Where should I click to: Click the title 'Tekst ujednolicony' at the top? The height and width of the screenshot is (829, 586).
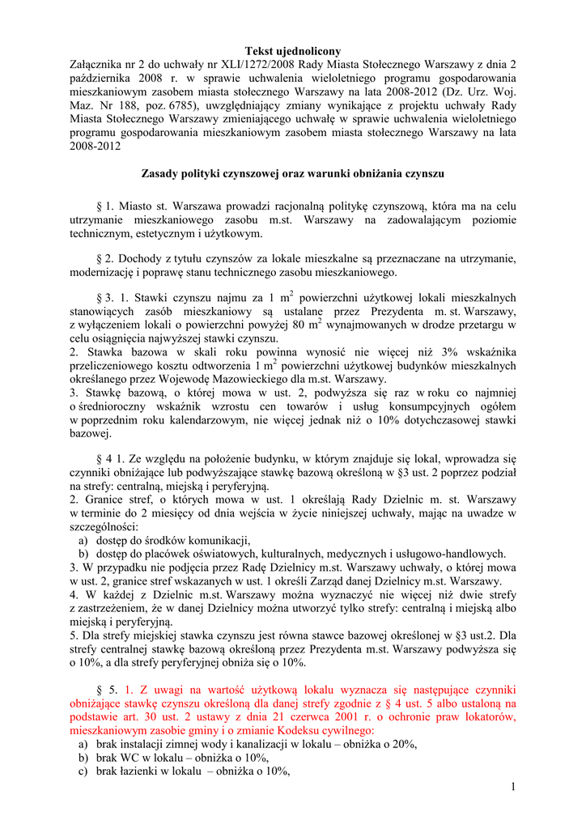click(x=293, y=52)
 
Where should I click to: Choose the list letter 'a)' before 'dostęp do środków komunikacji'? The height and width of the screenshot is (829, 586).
click(x=83, y=540)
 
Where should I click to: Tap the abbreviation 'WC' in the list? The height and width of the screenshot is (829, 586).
click(x=133, y=758)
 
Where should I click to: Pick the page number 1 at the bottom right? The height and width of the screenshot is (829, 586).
click(x=513, y=788)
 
